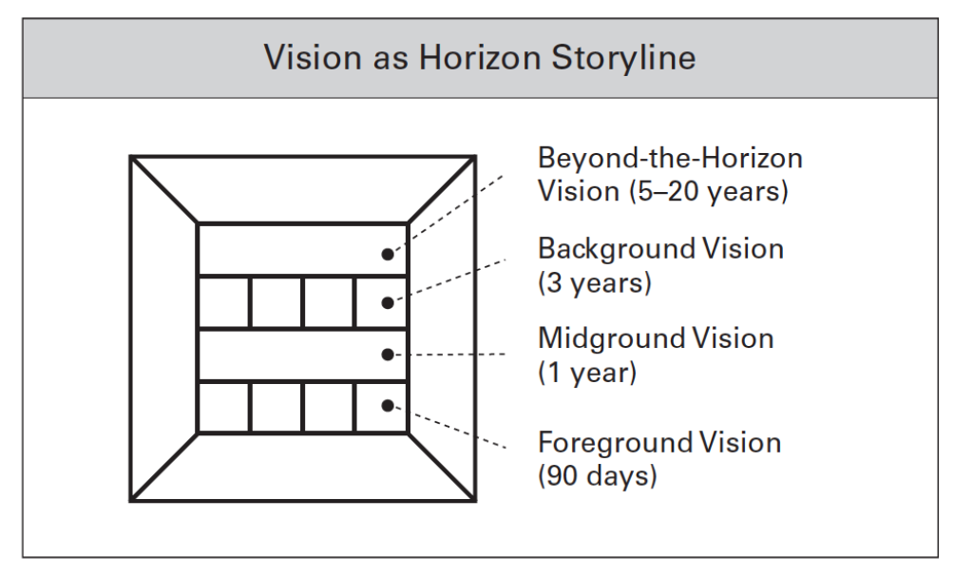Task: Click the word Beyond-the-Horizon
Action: coord(670,157)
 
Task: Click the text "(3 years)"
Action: coord(595,283)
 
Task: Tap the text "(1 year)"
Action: coord(587,373)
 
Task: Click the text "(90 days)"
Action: coord(597,476)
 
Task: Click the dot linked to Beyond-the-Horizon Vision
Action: coord(387,254)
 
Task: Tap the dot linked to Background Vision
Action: coord(387,303)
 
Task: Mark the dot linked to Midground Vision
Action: coord(387,355)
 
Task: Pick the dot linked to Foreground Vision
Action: coord(387,406)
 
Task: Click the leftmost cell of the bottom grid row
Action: coord(223,406)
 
